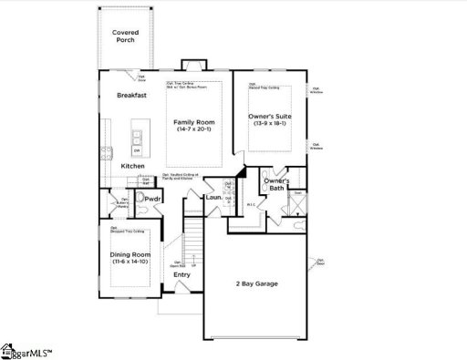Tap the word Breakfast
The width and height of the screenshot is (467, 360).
pos(133,95)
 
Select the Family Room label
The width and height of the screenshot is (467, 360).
pos(194,121)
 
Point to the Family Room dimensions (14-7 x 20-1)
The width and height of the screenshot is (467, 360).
pos(194,129)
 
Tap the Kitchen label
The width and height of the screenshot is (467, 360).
pos(133,166)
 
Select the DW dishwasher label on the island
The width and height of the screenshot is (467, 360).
pos(135,152)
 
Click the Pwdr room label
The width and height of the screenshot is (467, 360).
pos(152,198)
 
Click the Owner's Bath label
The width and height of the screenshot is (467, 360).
pos(276,184)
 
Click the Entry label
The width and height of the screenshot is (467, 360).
pos(182,274)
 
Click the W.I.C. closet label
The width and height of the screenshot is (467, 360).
pos(249,204)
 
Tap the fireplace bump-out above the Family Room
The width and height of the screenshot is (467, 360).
pos(191,66)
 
